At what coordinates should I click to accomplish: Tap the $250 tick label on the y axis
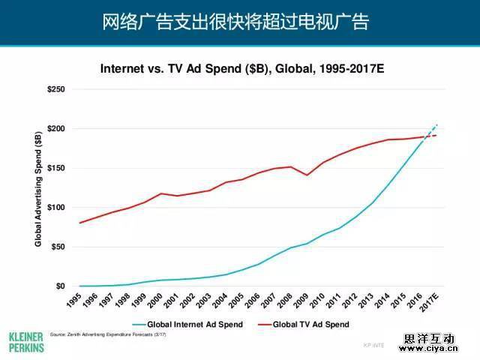click(55, 89)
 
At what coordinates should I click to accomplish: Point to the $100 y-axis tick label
click(55, 208)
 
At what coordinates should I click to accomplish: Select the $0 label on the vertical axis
click(60, 286)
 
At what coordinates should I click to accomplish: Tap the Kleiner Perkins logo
click(25, 340)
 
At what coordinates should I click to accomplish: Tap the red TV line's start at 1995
click(79, 223)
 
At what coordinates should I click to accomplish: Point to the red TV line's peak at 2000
click(160, 193)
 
